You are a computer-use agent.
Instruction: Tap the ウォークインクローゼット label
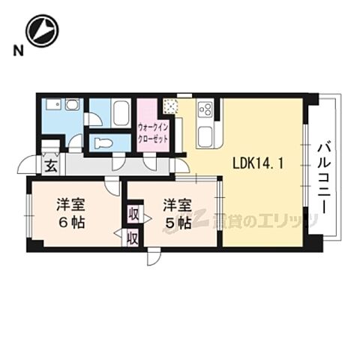pos(154,132)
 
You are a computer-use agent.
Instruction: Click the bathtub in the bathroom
pos(122,114)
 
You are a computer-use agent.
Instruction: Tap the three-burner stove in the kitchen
pos(205,112)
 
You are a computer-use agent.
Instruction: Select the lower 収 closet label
pos(132,238)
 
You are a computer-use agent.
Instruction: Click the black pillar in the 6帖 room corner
pos(34,244)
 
